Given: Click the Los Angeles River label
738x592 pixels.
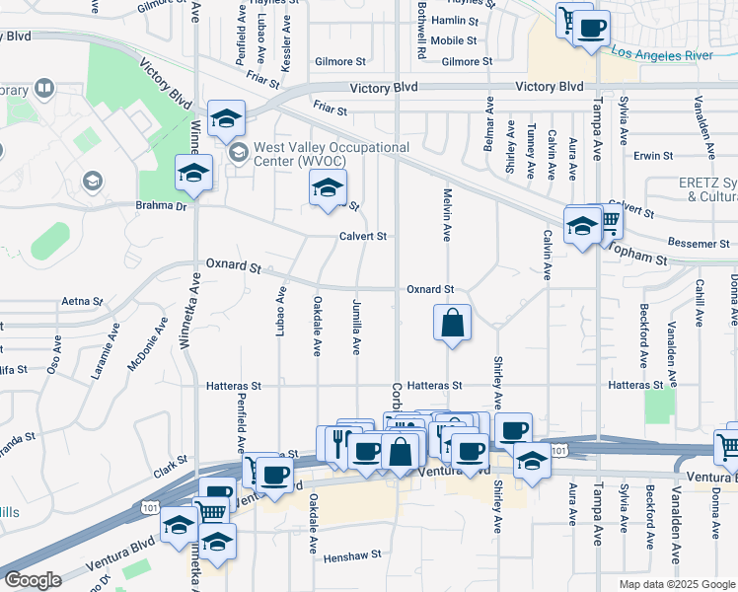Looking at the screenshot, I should (x=661, y=54).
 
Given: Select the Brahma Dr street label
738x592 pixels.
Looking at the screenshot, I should (x=161, y=206).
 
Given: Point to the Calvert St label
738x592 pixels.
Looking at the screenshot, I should (x=363, y=237).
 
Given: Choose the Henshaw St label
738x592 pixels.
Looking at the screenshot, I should (x=352, y=556).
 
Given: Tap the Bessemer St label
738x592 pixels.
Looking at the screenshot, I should (x=698, y=243).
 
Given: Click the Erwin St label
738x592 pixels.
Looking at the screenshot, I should (x=653, y=156).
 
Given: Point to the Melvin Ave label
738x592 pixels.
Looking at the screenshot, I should (x=447, y=216).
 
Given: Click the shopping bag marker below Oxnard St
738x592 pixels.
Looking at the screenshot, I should (x=451, y=323).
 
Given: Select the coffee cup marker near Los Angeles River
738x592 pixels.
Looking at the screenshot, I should (x=592, y=29).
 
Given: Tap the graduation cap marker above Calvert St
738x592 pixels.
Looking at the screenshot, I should (x=328, y=187).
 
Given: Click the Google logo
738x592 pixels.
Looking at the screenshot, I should (x=33, y=580).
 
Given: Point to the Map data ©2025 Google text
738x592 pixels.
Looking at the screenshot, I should (x=676, y=584).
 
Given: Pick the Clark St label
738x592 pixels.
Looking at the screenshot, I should (x=170, y=463).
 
